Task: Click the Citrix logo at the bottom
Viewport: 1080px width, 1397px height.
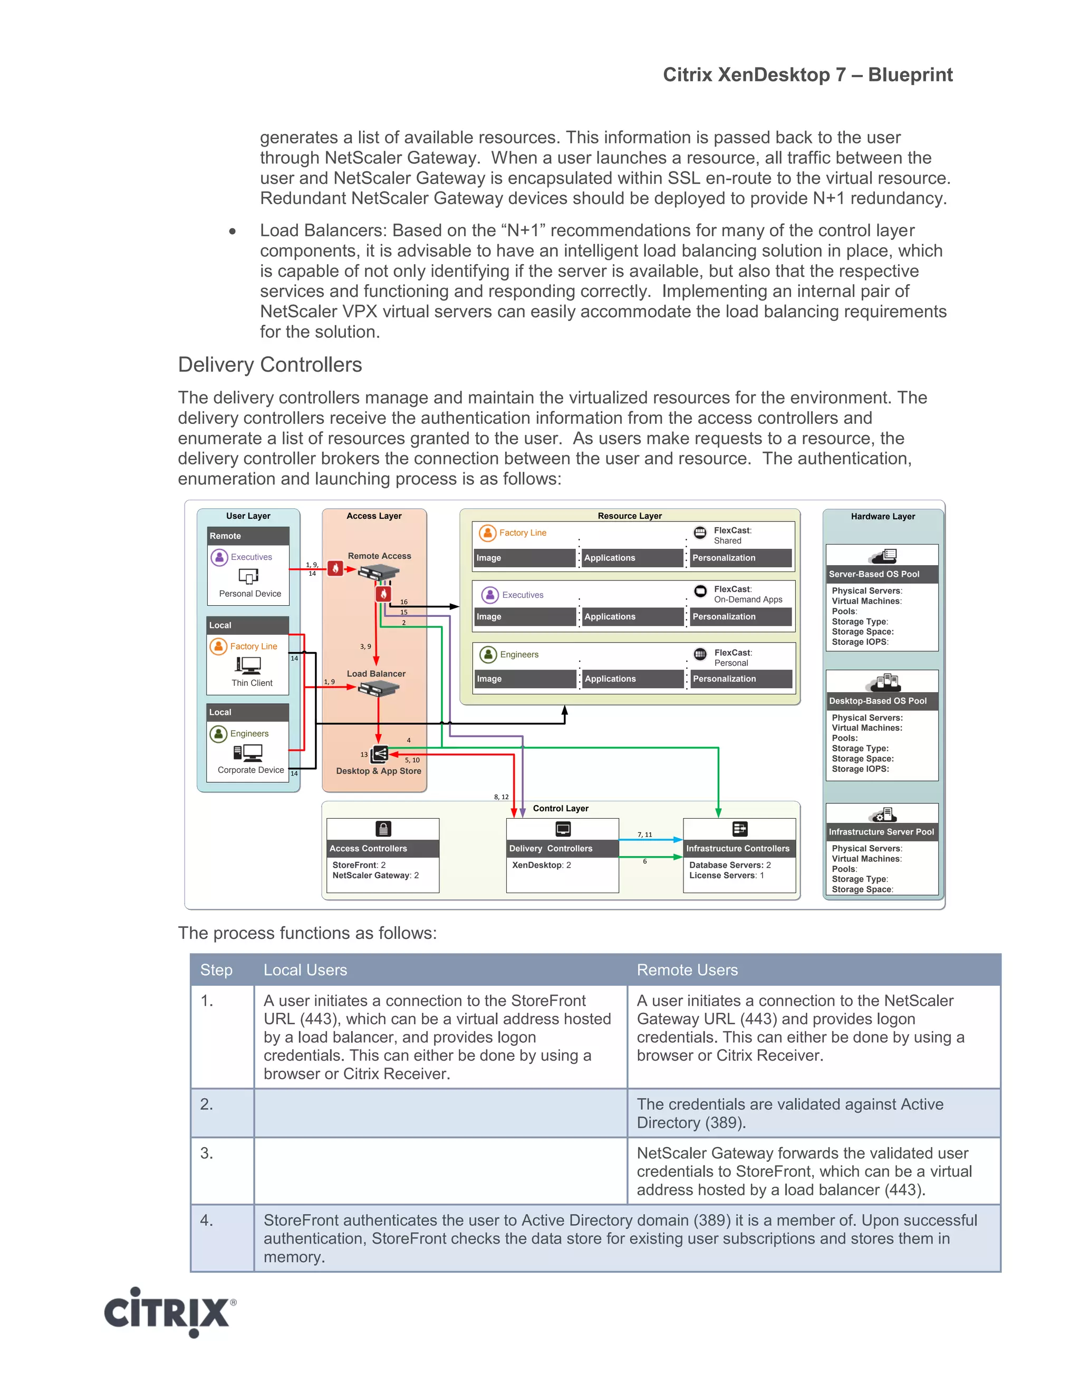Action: (170, 1313)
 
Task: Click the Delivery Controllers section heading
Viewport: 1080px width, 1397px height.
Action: (269, 365)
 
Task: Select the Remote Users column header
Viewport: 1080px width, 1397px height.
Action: (687, 969)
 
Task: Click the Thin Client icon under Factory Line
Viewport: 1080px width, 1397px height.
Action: (248, 666)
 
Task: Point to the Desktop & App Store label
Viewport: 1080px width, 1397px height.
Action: (379, 771)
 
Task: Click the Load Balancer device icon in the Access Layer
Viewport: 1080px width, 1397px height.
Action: (378, 689)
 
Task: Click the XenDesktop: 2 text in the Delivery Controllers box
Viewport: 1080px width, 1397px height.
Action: (541, 865)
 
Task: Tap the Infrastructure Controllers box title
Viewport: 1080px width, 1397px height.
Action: (738, 848)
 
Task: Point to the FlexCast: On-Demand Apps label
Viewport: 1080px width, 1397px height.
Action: (747, 594)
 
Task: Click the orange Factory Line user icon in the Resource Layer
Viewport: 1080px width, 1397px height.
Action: (488, 533)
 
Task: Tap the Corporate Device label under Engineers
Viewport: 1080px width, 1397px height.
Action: (250, 770)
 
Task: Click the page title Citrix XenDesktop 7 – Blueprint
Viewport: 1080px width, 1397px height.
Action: (807, 75)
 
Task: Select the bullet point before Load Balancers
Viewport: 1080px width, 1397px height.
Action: (232, 231)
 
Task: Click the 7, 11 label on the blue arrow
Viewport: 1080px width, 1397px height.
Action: (644, 835)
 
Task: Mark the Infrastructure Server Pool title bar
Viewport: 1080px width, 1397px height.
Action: (881, 831)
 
